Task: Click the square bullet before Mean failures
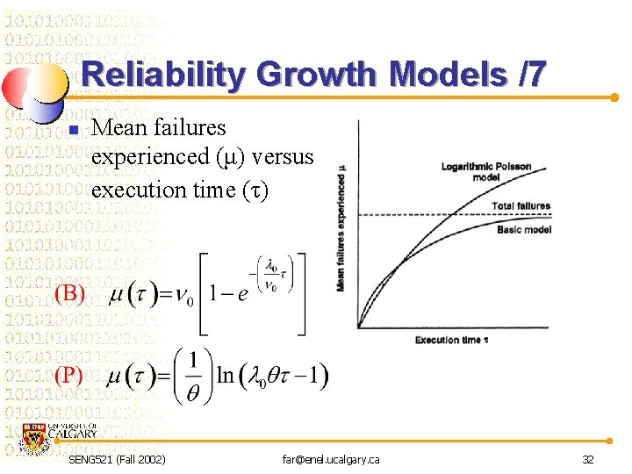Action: [x=74, y=131]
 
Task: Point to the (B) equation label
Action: [x=70, y=293]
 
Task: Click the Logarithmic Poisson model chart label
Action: [x=486, y=170]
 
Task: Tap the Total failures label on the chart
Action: [x=521, y=206]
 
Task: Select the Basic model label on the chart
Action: [x=523, y=230]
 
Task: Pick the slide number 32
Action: [x=587, y=459]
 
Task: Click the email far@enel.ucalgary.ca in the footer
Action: [x=331, y=459]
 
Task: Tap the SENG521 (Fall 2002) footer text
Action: [x=117, y=459]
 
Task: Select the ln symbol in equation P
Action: [x=225, y=376]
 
